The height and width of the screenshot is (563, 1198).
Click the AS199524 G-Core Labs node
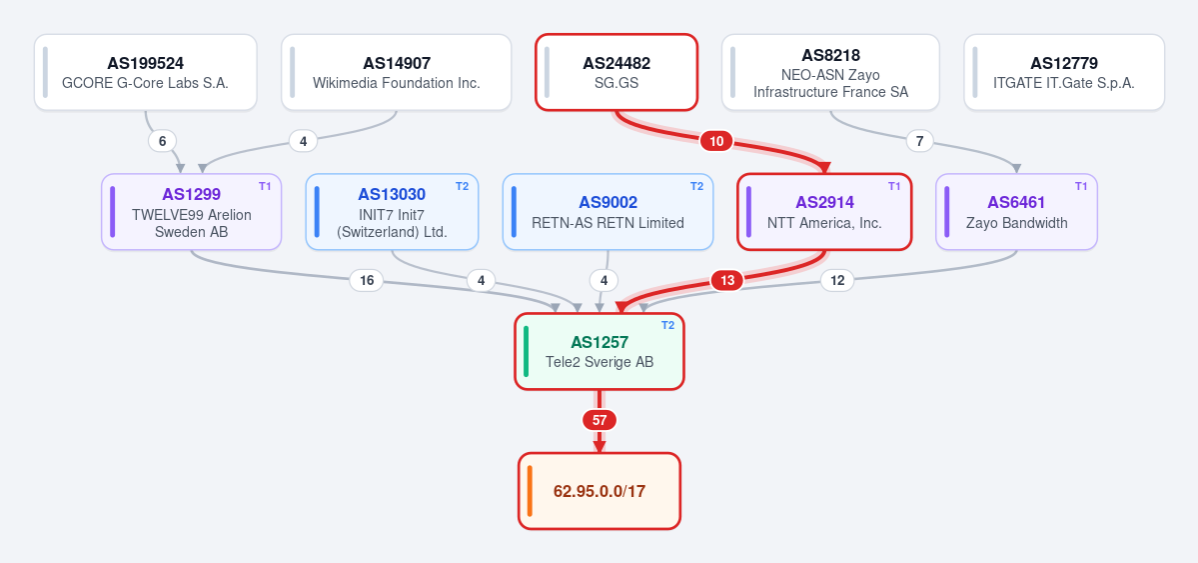(x=145, y=72)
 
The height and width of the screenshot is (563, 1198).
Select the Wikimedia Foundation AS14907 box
(x=396, y=72)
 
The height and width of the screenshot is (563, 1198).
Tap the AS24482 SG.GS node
(x=616, y=72)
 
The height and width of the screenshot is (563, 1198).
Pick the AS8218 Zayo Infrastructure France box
(x=830, y=72)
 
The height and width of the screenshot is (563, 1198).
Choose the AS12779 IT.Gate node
(x=1063, y=72)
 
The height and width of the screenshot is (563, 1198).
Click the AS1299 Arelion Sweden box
(x=191, y=212)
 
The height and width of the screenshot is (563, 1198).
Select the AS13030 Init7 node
(x=392, y=212)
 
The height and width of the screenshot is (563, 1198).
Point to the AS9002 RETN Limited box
(x=607, y=212)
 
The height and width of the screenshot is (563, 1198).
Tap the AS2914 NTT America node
(x=824, y=212)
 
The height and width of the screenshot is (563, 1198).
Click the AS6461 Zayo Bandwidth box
(x=1016, y=212)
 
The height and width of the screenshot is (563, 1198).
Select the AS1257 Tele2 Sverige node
(x=599, y=351)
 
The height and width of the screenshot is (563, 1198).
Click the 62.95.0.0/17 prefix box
(x=599, y=490)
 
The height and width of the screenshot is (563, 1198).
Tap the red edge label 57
(x=599, y=420)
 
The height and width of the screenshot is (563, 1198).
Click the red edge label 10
(x=716, y=141)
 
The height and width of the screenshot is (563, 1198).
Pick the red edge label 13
(x=727, y=281)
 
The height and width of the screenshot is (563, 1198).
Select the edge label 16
(x=367, y=281)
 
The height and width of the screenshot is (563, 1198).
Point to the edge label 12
(x=837, y=281)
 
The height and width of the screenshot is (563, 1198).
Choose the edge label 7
(x=920, y=141)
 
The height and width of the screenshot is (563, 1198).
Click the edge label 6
(x=162, y=141)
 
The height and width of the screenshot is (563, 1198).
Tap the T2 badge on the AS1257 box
(x=667, y=325)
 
